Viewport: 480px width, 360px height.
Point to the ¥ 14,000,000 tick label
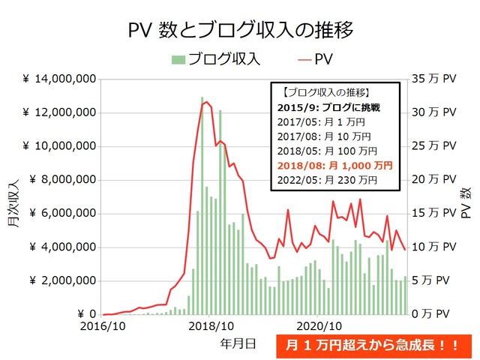(x=58, y=79)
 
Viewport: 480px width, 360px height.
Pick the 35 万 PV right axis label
(x=436, y=79)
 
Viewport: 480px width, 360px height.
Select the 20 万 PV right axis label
(x=436, y=180)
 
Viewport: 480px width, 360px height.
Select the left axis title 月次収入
(x=13, y=196)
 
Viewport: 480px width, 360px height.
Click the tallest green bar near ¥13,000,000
(x=202, y=206)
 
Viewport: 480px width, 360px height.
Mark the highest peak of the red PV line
(x=205, y=102)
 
